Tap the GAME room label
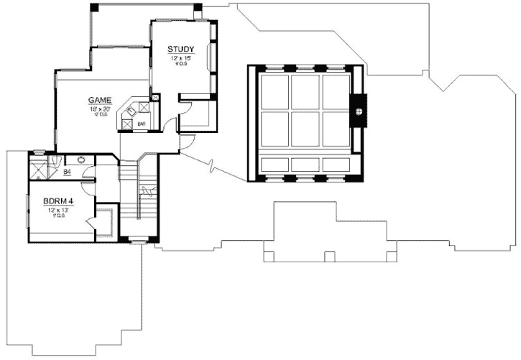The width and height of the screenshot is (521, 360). click(x=99, y=99)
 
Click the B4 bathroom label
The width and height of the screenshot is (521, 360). click(x=67, y=172)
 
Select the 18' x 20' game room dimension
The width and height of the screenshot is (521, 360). click(x=99, y=108)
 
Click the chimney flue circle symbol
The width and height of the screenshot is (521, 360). click(x=360, y=111)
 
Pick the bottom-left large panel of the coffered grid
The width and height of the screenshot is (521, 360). click(x=274, y=128)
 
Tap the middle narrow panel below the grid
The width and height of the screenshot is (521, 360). click(x=305, y=165)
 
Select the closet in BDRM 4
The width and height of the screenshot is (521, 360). click(x=103, y=222)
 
